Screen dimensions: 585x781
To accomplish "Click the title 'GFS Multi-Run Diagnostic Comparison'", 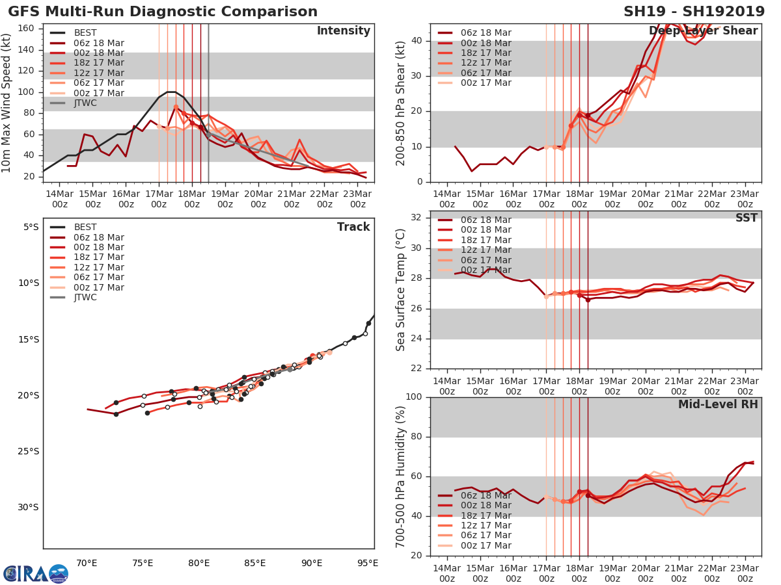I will point(163,12).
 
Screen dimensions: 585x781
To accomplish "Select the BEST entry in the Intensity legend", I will point(85,32).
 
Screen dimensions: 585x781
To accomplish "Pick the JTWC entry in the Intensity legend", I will point(85,103).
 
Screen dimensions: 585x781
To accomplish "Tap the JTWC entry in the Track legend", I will point(85,297).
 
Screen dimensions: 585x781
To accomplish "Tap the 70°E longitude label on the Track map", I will point(87,563).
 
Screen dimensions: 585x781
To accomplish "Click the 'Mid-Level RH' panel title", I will point(717,405).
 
